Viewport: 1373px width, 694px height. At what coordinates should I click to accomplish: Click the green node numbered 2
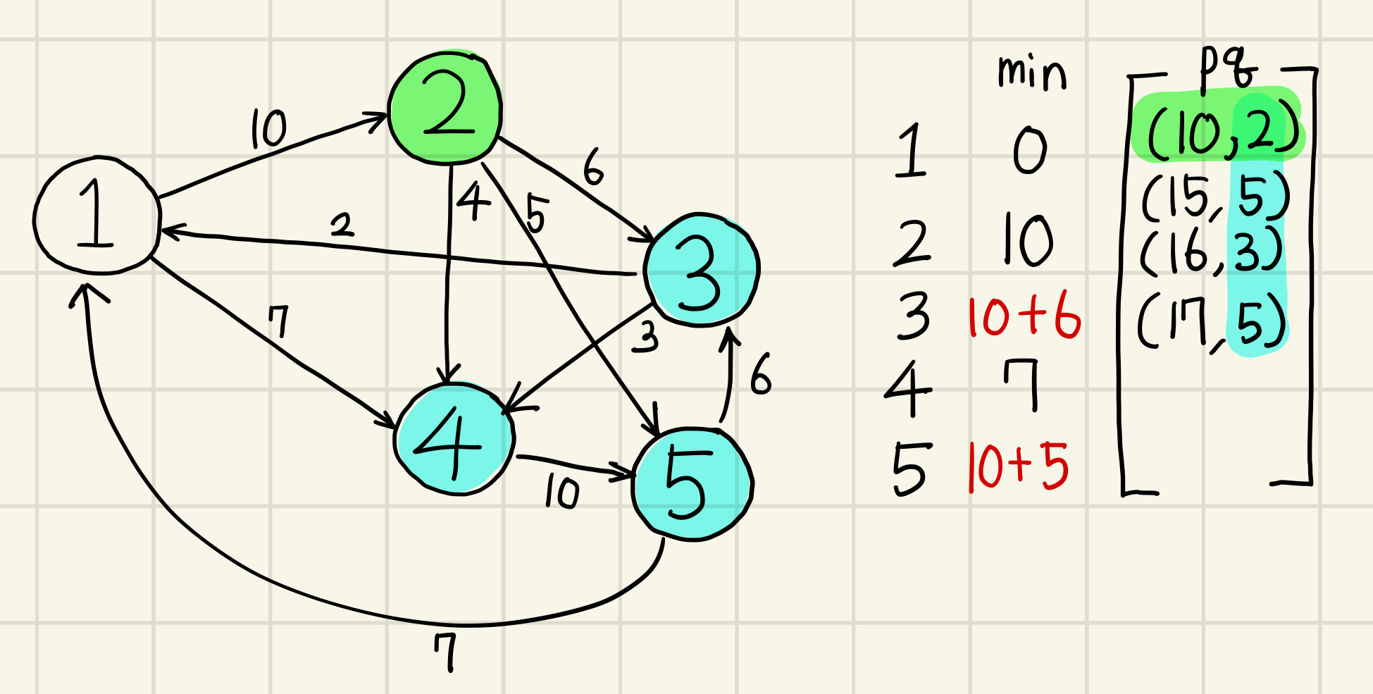tap(445, 109)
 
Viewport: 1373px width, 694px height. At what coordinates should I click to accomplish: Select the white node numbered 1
tap(97, 215)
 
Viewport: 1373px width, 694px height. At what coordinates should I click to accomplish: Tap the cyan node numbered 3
tap(701, 270)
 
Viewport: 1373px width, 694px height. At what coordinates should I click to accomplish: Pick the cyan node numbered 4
tap(454, 439)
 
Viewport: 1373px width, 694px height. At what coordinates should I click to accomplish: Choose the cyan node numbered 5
tap(692, 484)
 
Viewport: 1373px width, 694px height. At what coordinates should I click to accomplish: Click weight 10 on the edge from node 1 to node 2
tap(268, 129)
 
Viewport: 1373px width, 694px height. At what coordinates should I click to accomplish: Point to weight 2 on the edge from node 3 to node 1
tap(342, 225)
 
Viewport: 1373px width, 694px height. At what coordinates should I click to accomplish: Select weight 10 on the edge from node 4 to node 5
tap(562, 492)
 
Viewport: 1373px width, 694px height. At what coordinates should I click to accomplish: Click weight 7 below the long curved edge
tap(446, 652)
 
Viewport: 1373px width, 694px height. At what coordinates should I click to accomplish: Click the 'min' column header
tap(1031, 73)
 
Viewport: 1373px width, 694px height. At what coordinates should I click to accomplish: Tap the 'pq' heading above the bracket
tap(1229, 70)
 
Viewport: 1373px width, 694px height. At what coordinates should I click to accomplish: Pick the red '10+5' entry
tap(1019, 467)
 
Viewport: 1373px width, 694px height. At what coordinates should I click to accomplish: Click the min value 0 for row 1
tap(1030, 151)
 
